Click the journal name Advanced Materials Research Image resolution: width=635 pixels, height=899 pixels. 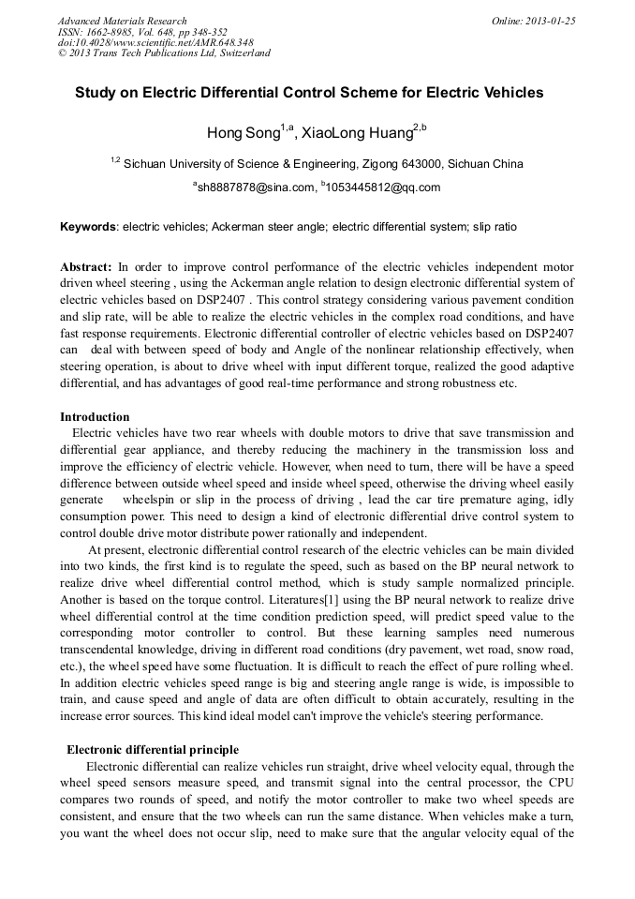point(122,21)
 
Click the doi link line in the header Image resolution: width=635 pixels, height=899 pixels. point(155,42)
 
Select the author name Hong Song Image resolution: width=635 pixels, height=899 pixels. point(243,134)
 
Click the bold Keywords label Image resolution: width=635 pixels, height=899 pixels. point(88,227)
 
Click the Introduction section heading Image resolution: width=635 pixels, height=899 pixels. point(95,416)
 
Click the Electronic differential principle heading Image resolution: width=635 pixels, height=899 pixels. point(152,750)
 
